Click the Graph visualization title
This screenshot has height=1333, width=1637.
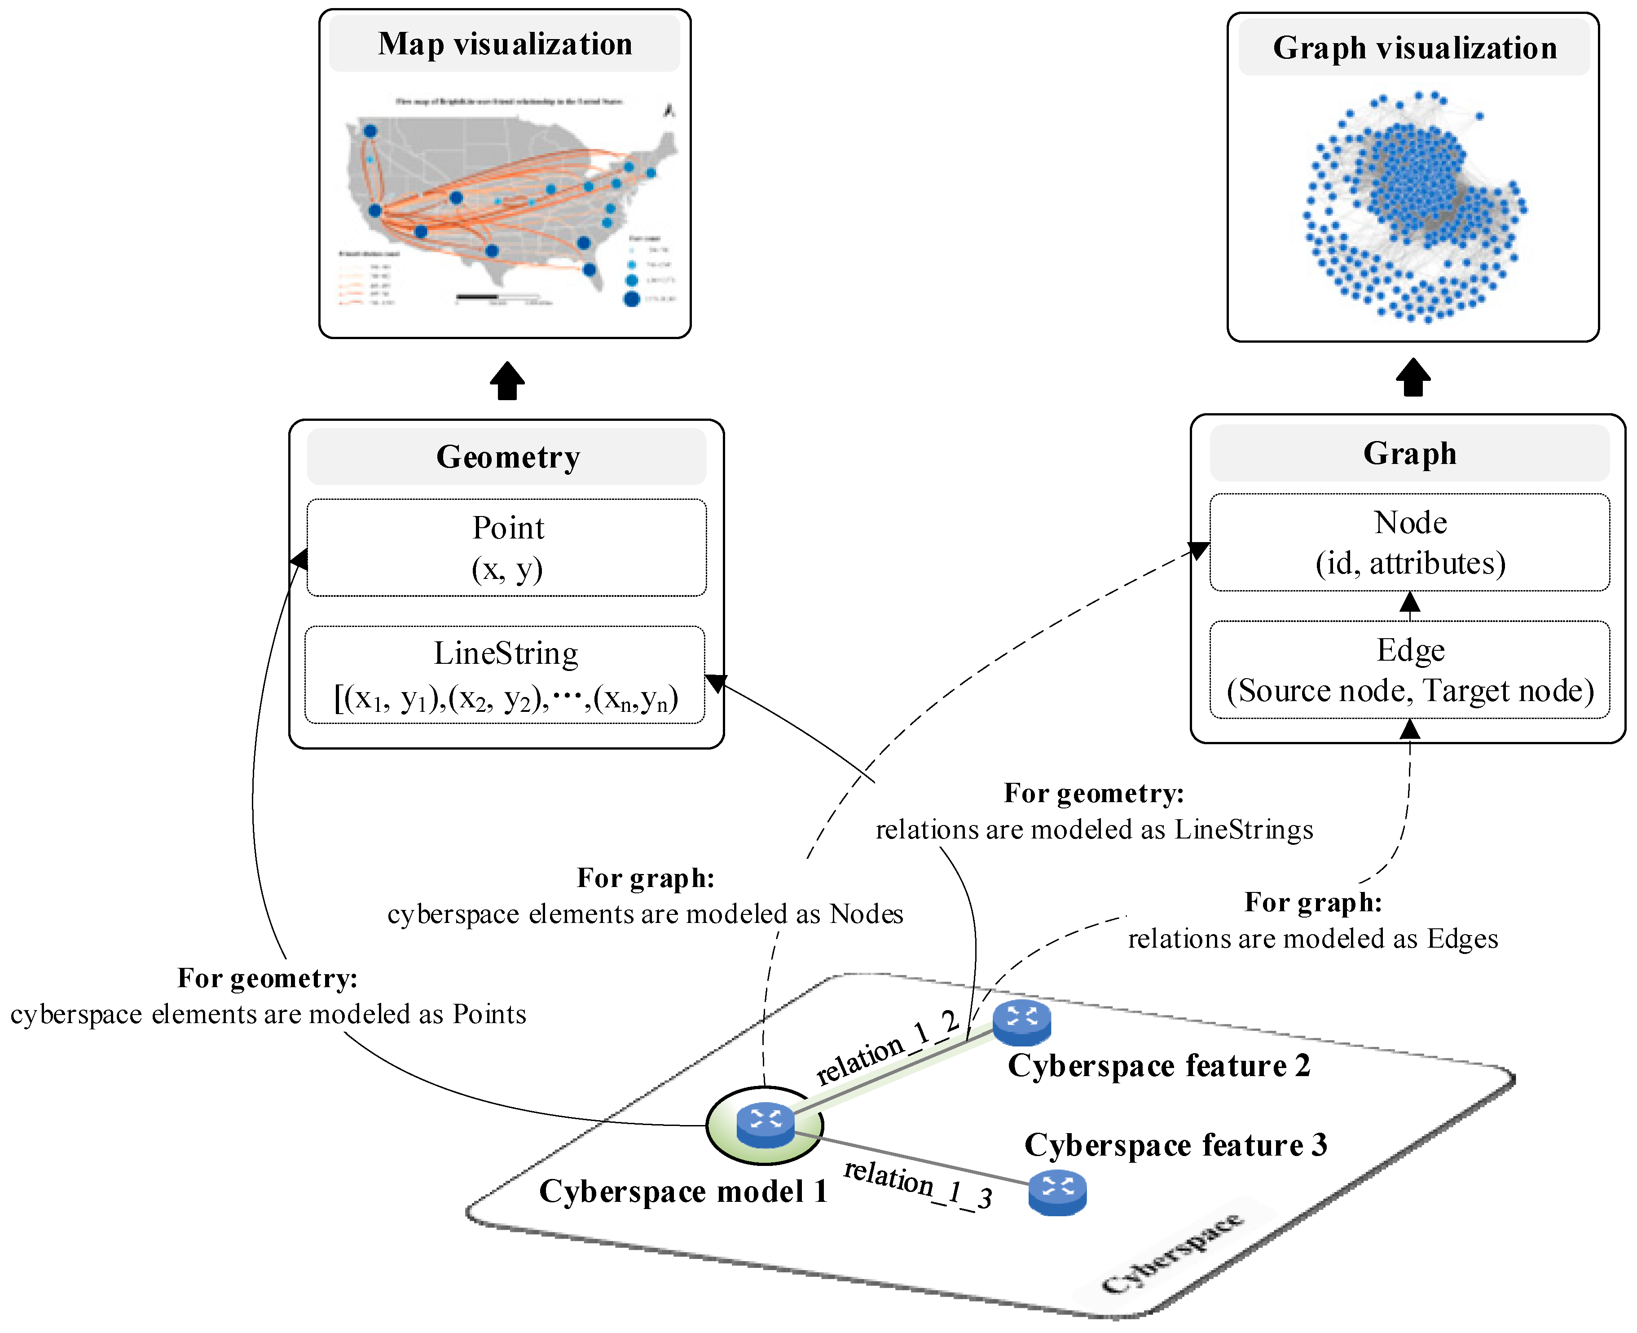1414,48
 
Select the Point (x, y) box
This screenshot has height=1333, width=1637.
506,547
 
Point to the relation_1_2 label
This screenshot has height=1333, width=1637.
886,1048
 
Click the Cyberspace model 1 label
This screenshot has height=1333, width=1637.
683,1192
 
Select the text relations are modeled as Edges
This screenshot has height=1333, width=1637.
1312,938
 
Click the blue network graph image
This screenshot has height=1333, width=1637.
1414,207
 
